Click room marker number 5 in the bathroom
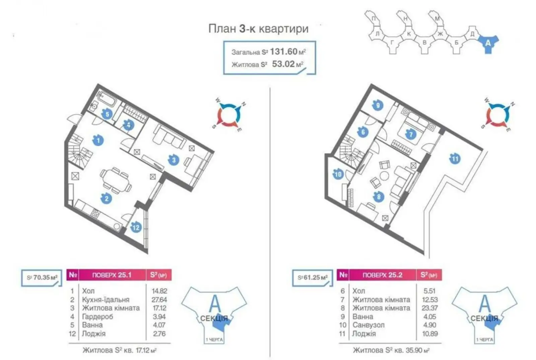coord(107,114)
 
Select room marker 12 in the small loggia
coord(136,227)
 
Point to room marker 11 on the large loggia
coord(455,158)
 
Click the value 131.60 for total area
coord(284,51)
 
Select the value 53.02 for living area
coord(283,64)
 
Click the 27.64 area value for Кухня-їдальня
coord(159,300)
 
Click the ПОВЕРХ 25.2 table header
coord(382,275)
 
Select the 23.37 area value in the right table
coord(429,308)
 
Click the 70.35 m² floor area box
coord(42,278)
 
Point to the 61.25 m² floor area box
coord(313,278)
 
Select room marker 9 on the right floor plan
coord(378,106)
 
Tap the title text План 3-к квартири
coord(258,29)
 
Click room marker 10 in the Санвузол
coord(338,174)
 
